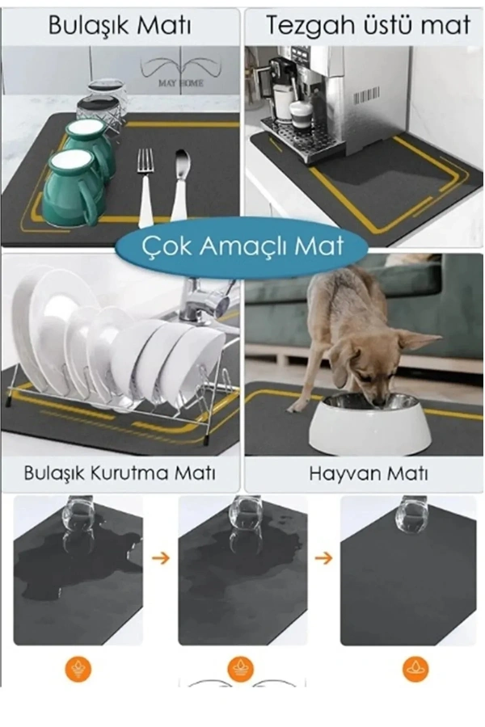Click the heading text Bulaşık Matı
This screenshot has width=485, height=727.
[120, 25]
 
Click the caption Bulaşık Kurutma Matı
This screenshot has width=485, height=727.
[120, 472]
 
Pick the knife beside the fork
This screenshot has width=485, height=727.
[179, 186]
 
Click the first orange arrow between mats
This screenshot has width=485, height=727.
[161, 557]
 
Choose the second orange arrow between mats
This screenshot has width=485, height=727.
[323, 557]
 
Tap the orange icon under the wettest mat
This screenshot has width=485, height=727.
[78, 669]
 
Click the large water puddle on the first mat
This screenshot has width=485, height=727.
[73, 565]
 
